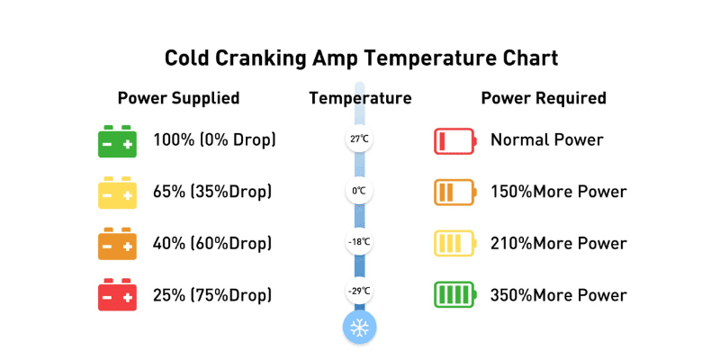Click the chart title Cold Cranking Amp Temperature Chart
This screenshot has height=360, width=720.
362,59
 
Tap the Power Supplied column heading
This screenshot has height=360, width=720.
178,98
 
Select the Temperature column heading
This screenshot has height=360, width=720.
360,98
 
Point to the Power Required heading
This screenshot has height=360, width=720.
544,98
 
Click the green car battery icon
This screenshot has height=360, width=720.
117,141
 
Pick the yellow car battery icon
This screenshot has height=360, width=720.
117,193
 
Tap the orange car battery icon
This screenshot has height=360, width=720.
117,243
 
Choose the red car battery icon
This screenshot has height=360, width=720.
117,294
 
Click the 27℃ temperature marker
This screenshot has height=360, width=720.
359,139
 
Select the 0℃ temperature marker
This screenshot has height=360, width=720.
359,190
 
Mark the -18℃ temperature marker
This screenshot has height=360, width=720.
359,241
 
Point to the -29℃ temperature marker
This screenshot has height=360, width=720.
359,291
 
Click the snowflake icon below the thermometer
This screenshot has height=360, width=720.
359,328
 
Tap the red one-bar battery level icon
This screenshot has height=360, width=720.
455,141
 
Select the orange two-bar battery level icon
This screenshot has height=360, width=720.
455,192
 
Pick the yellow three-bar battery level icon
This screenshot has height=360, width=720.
455,243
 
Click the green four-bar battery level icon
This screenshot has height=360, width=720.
455,294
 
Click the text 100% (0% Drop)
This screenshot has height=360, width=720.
214,139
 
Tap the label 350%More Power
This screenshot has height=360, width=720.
558,295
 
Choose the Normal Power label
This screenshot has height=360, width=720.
547,139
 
